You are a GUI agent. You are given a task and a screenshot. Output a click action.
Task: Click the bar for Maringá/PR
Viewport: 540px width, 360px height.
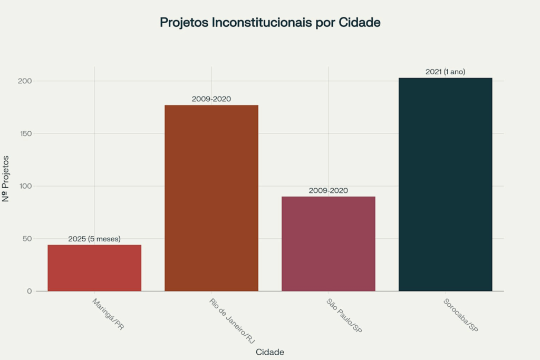tap(94, 268)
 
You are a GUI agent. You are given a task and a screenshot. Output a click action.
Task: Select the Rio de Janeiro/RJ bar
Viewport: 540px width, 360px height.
tap(211, 198)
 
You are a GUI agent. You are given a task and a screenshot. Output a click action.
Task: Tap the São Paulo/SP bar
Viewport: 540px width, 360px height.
tap(328, 244)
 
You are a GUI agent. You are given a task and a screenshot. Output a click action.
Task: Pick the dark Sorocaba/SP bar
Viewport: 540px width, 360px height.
tap(445, 184)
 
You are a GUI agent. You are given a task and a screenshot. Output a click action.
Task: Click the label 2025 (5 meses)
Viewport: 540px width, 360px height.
tap(94, 239)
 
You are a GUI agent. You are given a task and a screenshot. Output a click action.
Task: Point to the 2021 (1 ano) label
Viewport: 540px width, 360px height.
tap(445, 72)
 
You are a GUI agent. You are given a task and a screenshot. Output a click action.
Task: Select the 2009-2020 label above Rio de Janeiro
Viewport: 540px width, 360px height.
tap(211, 99)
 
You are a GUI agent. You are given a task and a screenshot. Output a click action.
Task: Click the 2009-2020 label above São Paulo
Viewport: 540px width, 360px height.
tap(328, 190)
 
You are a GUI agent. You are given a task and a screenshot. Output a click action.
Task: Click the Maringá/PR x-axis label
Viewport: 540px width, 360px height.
tap(108, 314)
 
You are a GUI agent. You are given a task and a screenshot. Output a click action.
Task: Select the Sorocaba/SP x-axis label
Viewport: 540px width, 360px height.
tap(460, 316)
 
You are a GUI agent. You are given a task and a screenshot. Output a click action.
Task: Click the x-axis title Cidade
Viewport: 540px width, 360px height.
tap(269, 352)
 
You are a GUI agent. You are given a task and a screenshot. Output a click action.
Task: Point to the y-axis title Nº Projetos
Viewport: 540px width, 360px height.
tap(6, 178)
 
